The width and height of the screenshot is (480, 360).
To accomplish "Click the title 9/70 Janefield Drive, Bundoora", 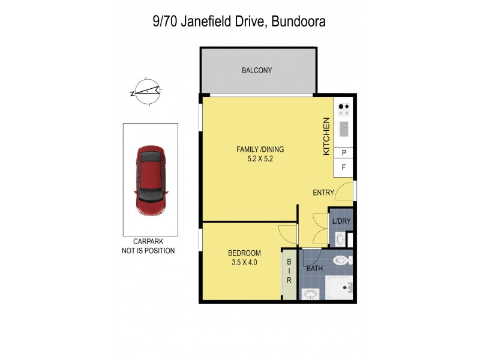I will point(238,22).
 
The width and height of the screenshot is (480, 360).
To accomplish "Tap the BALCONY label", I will point(257,70).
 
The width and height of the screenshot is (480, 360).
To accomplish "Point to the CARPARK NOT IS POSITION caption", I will point(148,247).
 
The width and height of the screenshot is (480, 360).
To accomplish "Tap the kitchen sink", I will point(344,128).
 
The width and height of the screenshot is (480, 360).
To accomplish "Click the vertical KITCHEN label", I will point(327,137).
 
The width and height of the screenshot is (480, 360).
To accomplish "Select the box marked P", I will point(344,153).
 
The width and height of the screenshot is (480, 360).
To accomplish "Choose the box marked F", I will point(344,168).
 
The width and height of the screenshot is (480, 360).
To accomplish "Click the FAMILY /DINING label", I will point(259,150).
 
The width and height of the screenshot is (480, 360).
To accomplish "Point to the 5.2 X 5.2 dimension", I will point(259,160).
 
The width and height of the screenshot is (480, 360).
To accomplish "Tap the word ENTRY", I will point(323,193).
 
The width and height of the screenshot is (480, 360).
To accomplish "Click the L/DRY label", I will point(341,222).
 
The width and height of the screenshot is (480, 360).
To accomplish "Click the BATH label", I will point(315,268).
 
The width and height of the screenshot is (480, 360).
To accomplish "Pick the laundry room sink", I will point(340,239).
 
